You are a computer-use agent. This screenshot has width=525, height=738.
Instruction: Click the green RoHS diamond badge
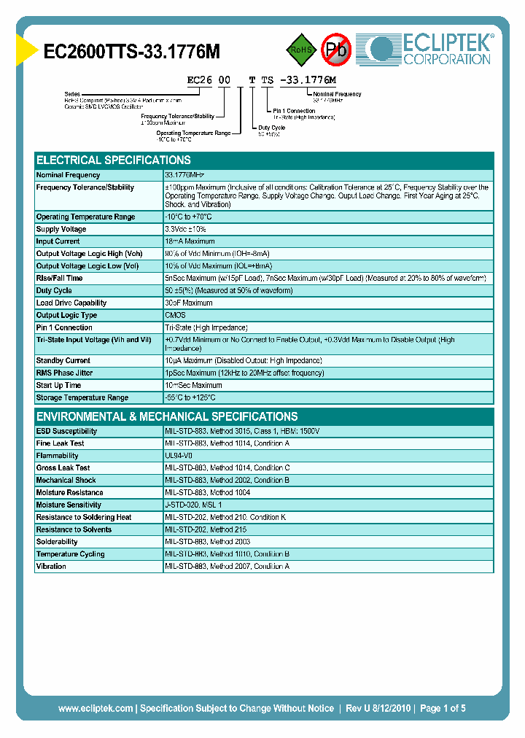click(x=300, y=50)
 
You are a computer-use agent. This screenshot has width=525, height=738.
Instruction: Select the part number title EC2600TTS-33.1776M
click(x=132, y=51)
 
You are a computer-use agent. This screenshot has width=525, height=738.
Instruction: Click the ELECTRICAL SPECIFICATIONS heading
click(x=114, y=160)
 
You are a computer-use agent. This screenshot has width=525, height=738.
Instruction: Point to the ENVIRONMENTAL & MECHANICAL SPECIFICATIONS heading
click(x=167, y=416)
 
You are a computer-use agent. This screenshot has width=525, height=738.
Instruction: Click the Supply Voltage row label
click(x=61, y=229)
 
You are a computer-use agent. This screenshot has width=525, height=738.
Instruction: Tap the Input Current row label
click(x=58, y=241)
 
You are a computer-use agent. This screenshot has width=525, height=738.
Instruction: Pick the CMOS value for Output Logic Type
click(x=175, y=315)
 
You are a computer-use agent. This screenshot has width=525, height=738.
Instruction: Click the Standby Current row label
click(x=63, y=360)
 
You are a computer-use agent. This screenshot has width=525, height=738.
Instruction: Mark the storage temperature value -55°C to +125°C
click(x=190, y=397)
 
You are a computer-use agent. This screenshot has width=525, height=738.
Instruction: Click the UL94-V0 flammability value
click(x=179, y=455)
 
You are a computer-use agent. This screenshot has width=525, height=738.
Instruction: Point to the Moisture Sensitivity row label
click(x=69, y=505)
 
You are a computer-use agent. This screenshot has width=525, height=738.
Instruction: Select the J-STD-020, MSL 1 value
click(x=193, y=505)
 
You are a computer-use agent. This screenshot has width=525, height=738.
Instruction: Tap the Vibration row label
click(x=51, y=566)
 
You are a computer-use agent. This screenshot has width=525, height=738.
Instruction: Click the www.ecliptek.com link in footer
click(x=95, y=708)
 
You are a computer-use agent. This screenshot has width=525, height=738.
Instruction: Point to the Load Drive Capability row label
click(x=71, y=303)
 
